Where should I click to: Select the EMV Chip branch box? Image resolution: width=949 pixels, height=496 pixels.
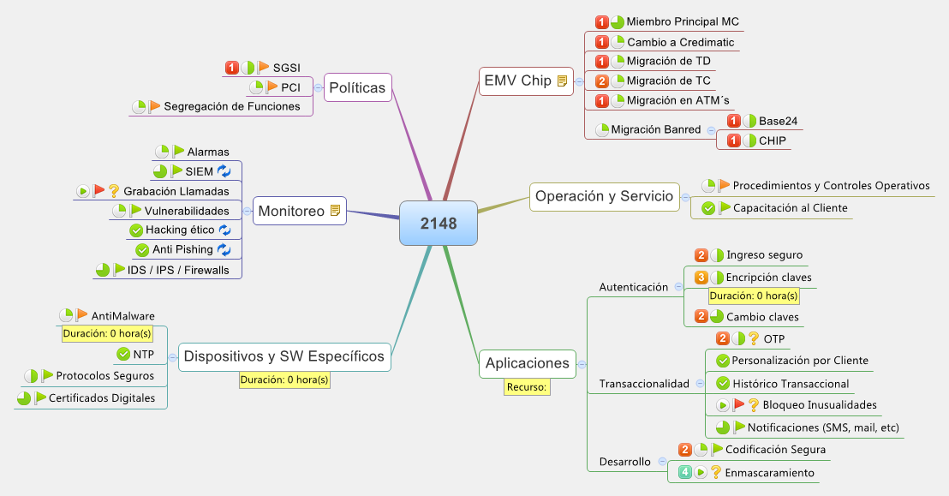[518, 81]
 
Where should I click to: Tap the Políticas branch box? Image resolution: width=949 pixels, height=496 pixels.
[358, 87]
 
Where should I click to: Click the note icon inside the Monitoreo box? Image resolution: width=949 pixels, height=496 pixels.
[337, 210]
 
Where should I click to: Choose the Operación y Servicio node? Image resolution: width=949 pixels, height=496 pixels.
[604, 196]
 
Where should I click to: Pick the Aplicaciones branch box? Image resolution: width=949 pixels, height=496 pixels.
[527, 362]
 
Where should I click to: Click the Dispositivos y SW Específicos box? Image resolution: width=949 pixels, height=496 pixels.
[284, 356]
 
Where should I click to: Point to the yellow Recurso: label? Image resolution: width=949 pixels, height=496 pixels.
[527, 387]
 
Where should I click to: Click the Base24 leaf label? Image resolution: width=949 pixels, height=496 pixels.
[778, 121]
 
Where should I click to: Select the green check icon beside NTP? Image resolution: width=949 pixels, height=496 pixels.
[122, 354]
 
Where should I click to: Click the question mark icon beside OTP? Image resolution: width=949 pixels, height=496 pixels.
[754, 338]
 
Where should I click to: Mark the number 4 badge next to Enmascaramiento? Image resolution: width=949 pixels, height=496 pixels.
[685, 471]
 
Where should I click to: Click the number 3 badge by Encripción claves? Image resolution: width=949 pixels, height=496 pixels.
[701, 277]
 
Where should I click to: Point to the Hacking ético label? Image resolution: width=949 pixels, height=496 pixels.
[179, 230]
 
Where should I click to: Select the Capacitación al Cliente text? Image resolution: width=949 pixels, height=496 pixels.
[790, 207]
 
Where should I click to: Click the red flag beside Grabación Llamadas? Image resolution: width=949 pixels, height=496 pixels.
[98, 190]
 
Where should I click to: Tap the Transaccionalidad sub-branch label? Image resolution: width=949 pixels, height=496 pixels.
[643, 383]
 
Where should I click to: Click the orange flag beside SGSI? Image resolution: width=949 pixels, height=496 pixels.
[263, 67]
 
